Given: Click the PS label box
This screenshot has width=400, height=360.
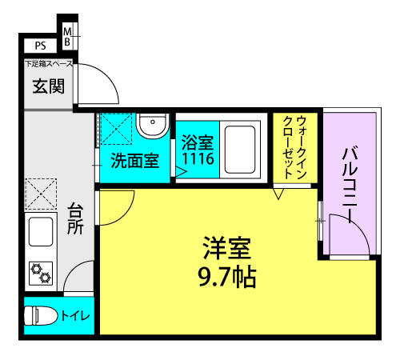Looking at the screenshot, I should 40,46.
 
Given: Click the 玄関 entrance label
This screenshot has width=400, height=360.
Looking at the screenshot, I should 47,86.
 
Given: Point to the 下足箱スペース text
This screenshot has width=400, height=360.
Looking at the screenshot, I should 49,64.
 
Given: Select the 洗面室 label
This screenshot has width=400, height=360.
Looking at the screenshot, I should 133,160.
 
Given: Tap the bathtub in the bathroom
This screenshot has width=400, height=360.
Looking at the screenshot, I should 241,148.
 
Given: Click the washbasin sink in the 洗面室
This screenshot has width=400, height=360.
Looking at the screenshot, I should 151,127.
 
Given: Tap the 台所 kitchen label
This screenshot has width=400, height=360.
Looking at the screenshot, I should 76,218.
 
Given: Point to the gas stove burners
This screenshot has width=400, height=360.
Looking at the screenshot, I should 41,273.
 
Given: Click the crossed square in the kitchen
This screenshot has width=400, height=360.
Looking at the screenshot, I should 41,194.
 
